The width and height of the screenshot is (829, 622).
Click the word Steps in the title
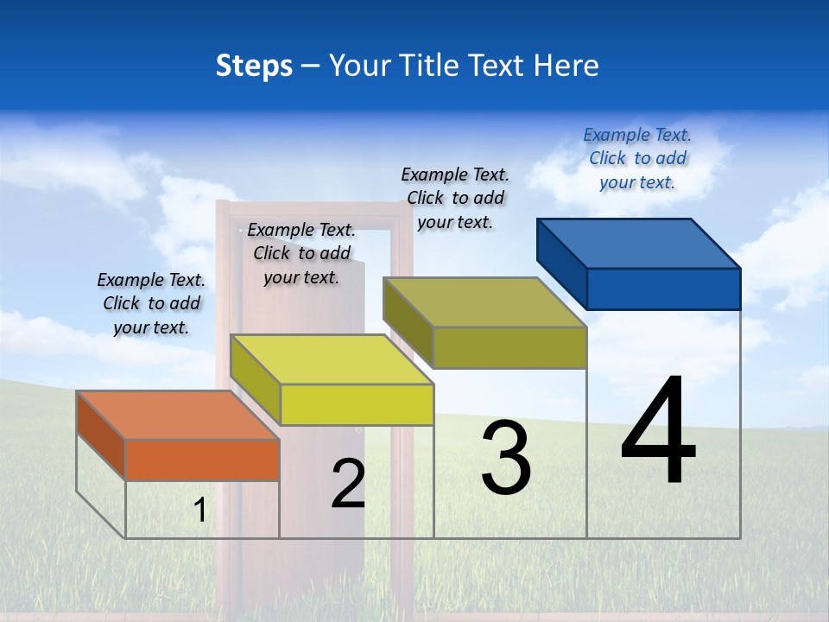coord(254,66)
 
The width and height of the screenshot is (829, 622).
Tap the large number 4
coord(658,432)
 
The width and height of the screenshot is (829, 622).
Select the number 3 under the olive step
coord(506,458)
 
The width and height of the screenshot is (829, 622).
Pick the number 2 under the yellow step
coord(348,484)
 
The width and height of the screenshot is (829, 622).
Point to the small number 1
coord(199,511)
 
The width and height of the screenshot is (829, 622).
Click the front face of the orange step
coord(202,460)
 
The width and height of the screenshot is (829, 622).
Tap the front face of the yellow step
coord(357,404)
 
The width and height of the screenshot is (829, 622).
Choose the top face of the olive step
coord(484,302)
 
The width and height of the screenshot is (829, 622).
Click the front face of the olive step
coord(509,347)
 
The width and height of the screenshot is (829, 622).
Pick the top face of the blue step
coord(638,243)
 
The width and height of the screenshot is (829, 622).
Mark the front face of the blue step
coord(663,289)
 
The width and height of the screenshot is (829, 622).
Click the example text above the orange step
coord(151,303)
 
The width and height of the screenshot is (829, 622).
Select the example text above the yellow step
coord(301,253)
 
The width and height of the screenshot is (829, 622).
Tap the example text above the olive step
coord(455,198)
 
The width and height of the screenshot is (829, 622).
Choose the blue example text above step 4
coord(637,158)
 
